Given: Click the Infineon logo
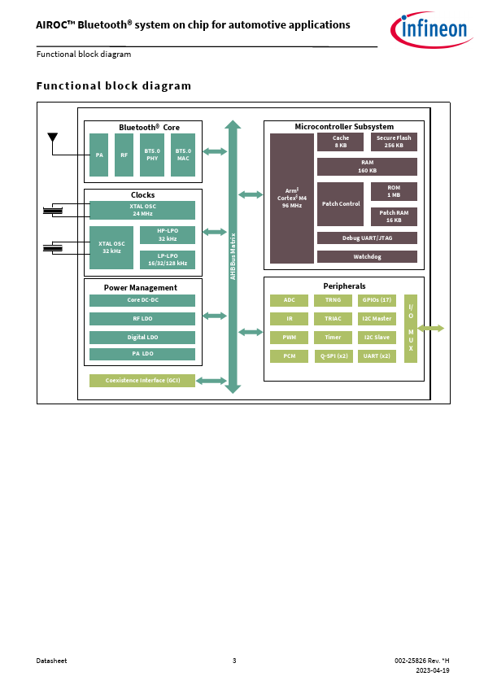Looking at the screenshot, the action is tap(430, 29).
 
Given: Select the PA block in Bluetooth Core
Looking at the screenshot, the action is tap(98, 155).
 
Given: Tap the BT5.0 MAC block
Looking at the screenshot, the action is tap(183, 155).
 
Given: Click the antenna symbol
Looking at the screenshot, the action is tap(52, 137).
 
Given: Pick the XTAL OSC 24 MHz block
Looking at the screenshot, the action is tap(142, 210).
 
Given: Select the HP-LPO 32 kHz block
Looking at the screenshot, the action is tap(168, 235).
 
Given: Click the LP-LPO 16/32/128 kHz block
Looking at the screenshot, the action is tap(168, 260).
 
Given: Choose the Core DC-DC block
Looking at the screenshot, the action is tap(142, 300).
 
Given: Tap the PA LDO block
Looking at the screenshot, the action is tap(142, 354).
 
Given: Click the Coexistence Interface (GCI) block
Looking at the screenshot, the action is tap(142, 381).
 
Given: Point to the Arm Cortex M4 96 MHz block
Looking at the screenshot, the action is tap(292, 199).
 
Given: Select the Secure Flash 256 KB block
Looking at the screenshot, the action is tap(394, 142).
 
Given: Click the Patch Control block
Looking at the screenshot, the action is tap(340, 204).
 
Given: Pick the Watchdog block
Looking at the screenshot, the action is tap(367, 257).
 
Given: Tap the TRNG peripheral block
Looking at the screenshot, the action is tap(333, 300).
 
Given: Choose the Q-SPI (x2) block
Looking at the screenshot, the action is tap(334, 356).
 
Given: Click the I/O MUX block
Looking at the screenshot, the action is tap(411, 329).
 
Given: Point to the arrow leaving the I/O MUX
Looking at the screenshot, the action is tap(430, 329).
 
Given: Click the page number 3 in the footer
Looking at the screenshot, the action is tap(234, 661).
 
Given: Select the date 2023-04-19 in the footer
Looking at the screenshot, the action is tap(433, 670).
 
